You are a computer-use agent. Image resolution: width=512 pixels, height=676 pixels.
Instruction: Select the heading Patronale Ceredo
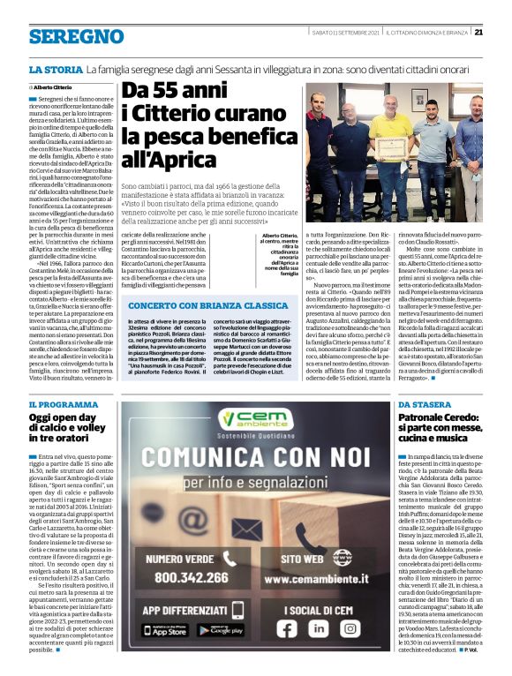point(433,442)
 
